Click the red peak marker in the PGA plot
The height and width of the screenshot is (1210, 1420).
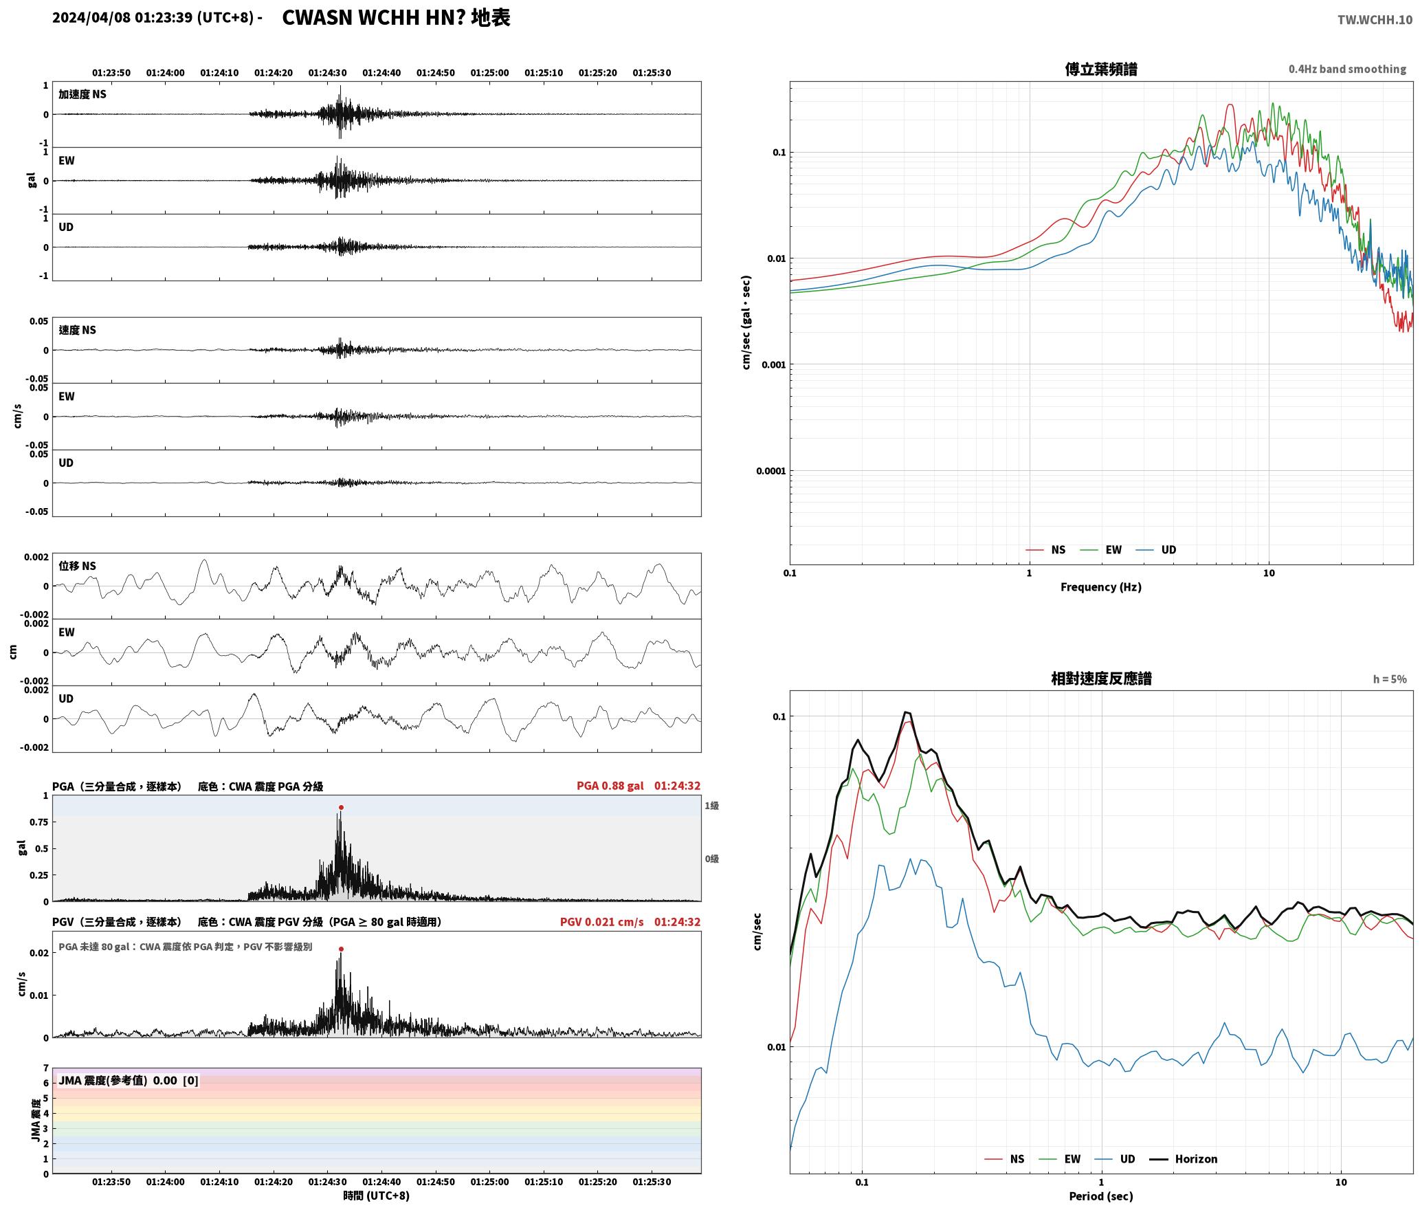(x=341, y=807)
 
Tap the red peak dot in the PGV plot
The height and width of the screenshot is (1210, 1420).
(x=341, y=949)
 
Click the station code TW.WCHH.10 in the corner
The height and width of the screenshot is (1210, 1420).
(x=1375, y=19)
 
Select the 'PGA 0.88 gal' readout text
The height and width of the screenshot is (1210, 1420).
(x=610, y=786)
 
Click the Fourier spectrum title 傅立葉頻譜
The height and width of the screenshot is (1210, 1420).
(x=1101, y=69)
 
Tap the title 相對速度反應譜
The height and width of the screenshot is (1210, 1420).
(x=1101, y=679)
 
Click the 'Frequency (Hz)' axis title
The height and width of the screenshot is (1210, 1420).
(x=1101, y=587)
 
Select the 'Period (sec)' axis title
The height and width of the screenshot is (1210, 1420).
(x=1101, y=1196)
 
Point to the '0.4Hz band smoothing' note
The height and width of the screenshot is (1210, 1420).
(x=1347, y=69)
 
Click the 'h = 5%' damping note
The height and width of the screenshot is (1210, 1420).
(x=1390, y=679)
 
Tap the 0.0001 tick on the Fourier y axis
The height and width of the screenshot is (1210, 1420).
(x=770, y=471)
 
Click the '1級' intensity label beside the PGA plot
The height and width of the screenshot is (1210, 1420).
(x=711, y=806)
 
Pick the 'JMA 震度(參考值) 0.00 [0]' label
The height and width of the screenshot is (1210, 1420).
(x=129, y=1081)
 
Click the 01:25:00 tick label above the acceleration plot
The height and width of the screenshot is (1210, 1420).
(x=489, y=72)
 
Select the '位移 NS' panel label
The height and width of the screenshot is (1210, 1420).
(x=78, y=566)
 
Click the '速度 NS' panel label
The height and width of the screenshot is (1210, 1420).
(x=78, y=330)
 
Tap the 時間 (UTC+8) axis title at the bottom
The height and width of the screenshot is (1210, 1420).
(x=377, y=1196)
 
